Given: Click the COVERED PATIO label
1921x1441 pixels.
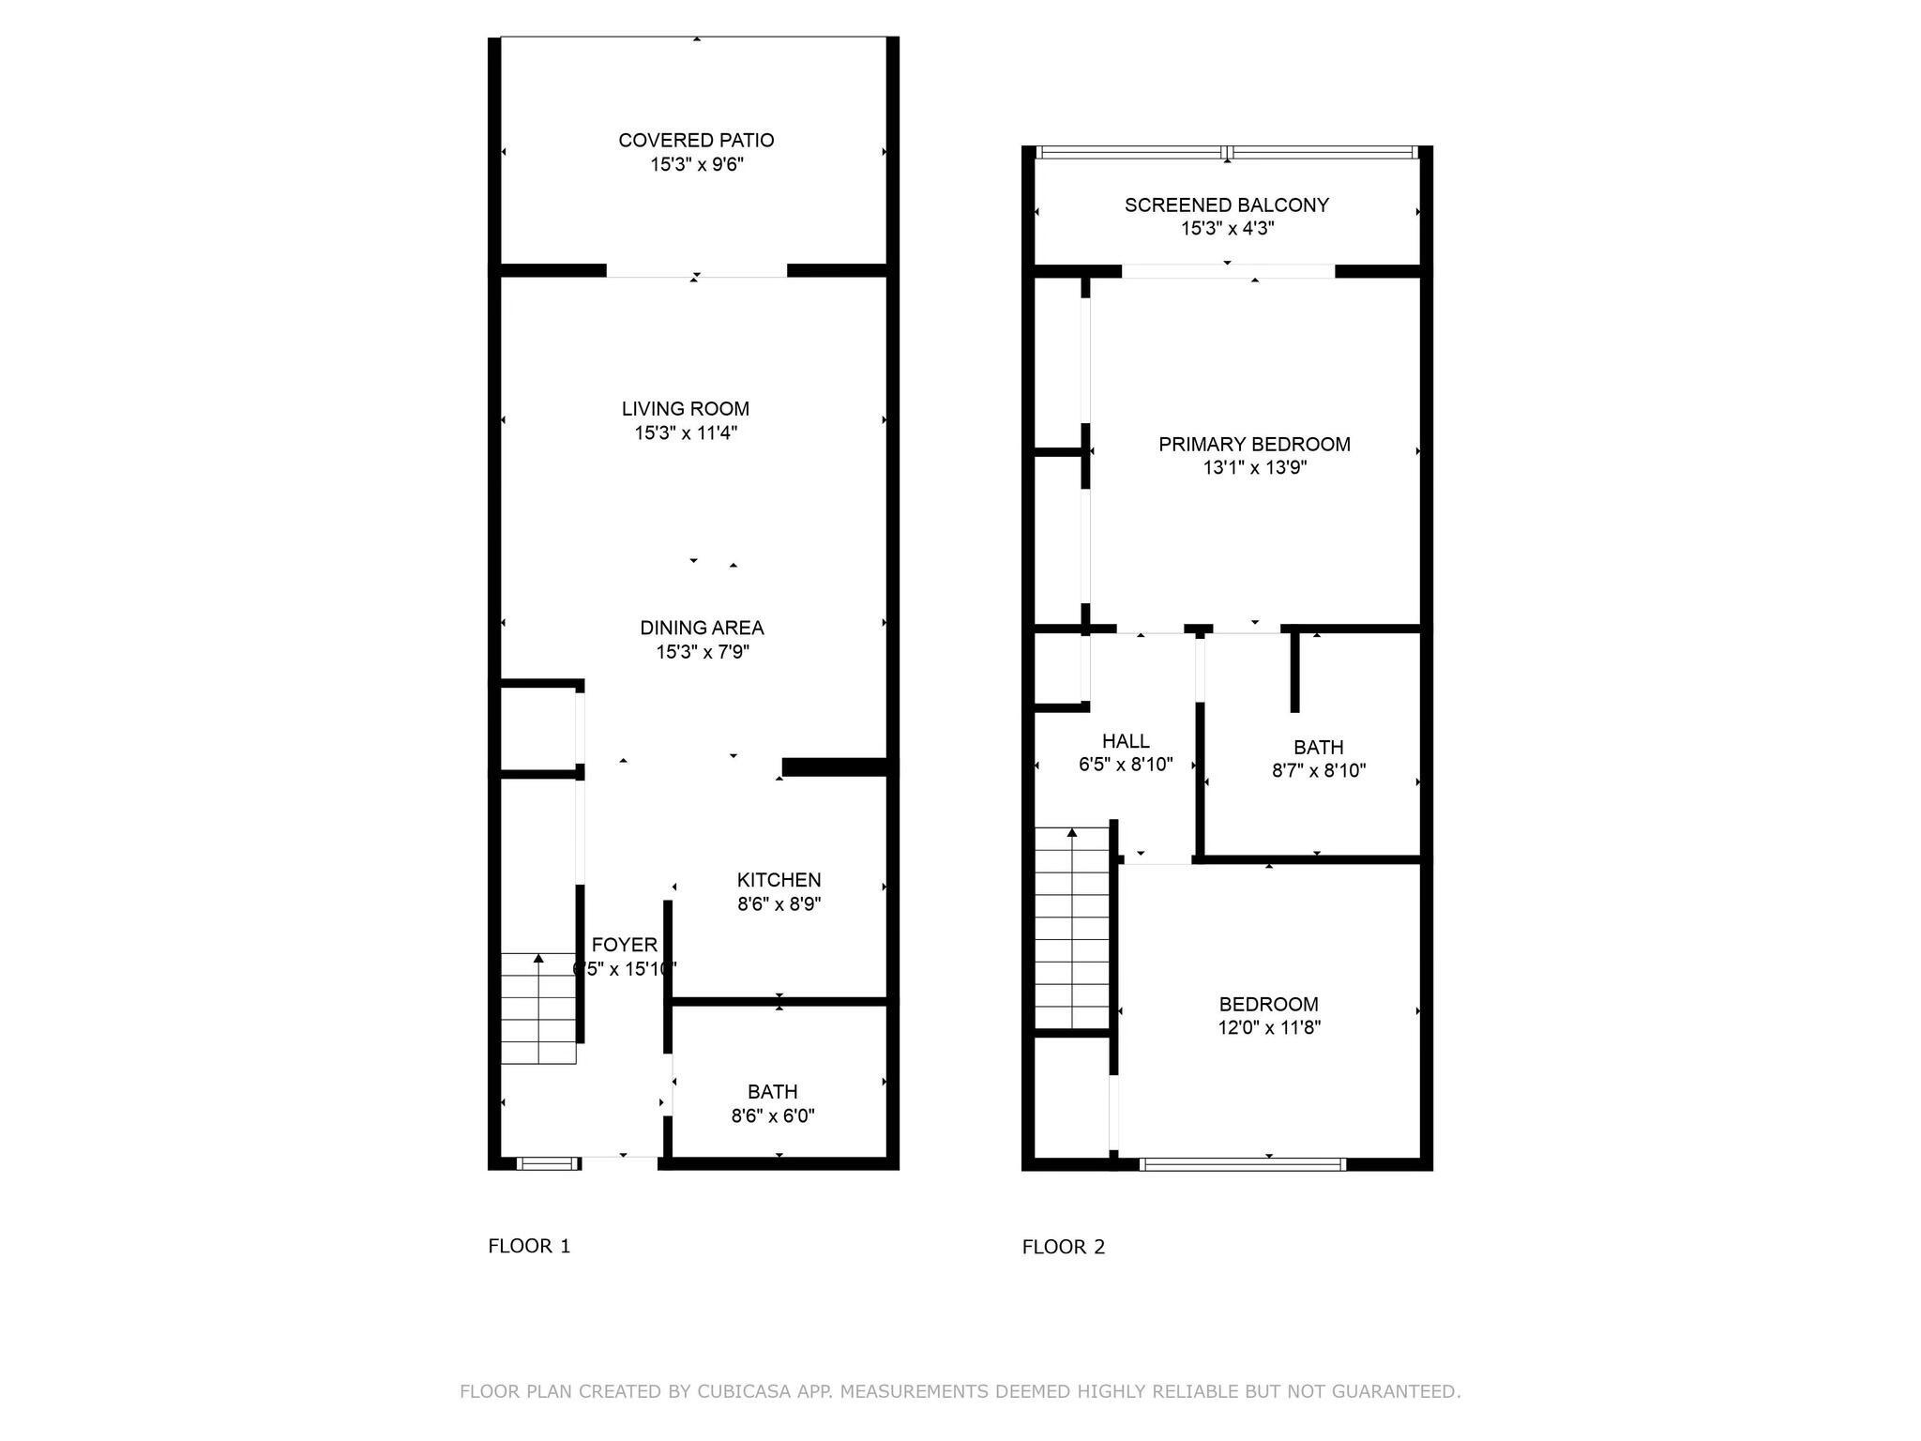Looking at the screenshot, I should point(696,141).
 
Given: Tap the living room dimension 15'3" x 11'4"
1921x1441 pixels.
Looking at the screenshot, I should point(686,433).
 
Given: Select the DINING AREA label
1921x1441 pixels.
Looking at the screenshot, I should point(702,628).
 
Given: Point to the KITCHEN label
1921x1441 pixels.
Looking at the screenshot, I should point(779,880).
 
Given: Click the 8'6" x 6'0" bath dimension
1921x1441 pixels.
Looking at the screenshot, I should point(773,1116).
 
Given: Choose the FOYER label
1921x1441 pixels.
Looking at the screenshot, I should point(624,945).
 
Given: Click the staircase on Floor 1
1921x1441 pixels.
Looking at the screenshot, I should point(538,1009).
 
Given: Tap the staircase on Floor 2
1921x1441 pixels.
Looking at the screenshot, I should point(1072,929).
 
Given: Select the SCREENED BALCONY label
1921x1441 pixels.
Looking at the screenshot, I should point(1227,205).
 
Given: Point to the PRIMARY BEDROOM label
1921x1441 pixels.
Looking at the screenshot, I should point(1254,445).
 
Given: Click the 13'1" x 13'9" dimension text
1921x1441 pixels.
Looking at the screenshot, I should point(1254,468).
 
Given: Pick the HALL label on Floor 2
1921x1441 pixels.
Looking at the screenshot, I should point(1126,741).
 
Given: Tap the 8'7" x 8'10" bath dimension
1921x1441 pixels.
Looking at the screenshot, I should point(1318,771).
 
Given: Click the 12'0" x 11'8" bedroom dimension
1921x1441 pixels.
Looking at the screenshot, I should point(1269,1027).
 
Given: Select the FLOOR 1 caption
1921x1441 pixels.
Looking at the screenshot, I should point(529,1246).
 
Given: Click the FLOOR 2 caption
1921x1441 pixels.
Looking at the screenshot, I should point(1064,1247).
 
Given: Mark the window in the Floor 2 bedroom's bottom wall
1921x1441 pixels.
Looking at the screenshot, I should point(1243,1164).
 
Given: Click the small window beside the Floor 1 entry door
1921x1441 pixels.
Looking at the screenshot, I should point(546,1164).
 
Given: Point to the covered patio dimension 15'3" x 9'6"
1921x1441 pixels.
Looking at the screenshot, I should point(696,165).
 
